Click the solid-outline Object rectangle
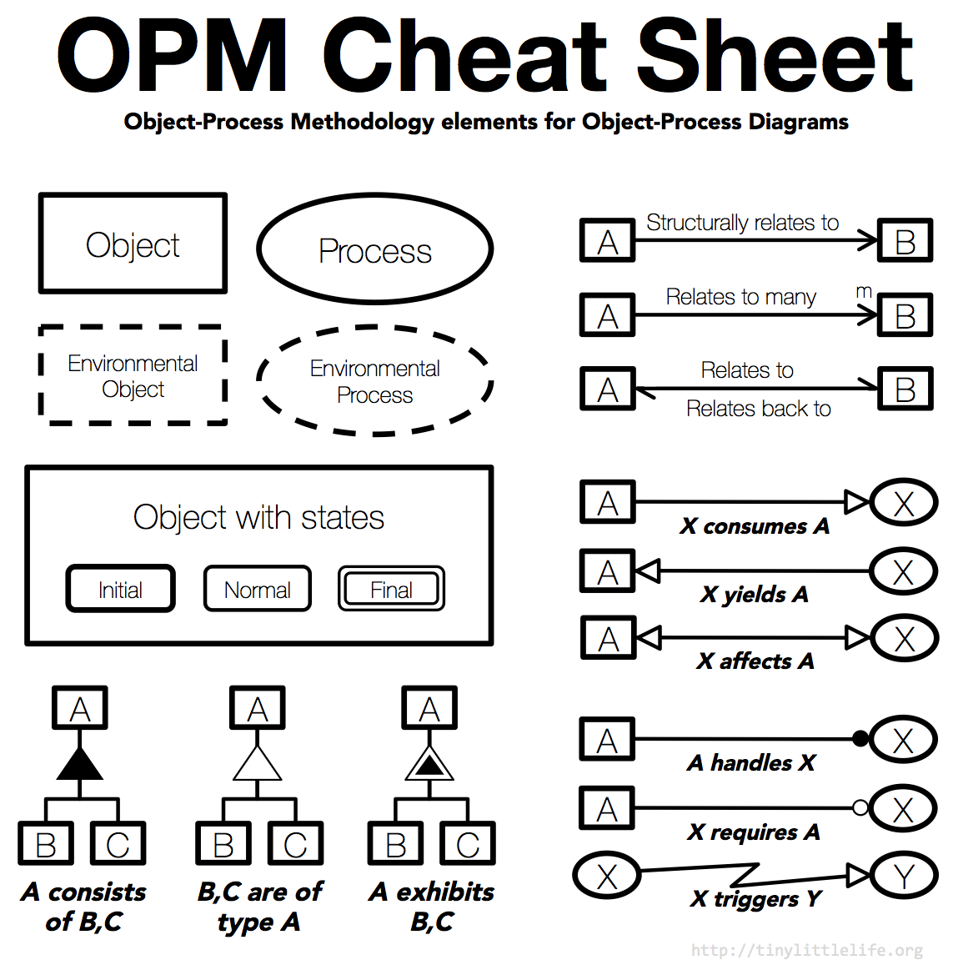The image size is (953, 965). pos(133,244)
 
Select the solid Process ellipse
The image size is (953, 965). pos(374,249)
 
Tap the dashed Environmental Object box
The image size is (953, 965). pos(133,375)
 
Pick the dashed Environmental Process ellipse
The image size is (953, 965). pos(374,380)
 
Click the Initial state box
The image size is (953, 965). pos(120,589)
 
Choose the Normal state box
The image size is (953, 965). pos(257,589)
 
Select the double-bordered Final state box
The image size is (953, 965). pos(391,589)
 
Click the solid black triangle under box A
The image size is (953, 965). pos(79,764)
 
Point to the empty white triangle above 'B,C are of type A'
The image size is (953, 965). pos(257,764)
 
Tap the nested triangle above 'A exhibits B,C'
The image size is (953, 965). pos(429,764)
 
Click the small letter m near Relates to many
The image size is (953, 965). pos(864,291)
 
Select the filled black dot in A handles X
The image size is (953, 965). pos(860,738)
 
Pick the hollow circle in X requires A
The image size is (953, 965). pos(860,807)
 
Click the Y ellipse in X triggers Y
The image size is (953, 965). pos(904,876)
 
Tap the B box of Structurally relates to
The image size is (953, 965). pos(905,241)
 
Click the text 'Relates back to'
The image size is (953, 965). pos(758,409)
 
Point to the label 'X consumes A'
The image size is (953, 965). pos(755,526)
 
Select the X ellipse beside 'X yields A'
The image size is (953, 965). pos(903,572)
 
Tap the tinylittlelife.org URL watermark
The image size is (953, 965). pos(806,950)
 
